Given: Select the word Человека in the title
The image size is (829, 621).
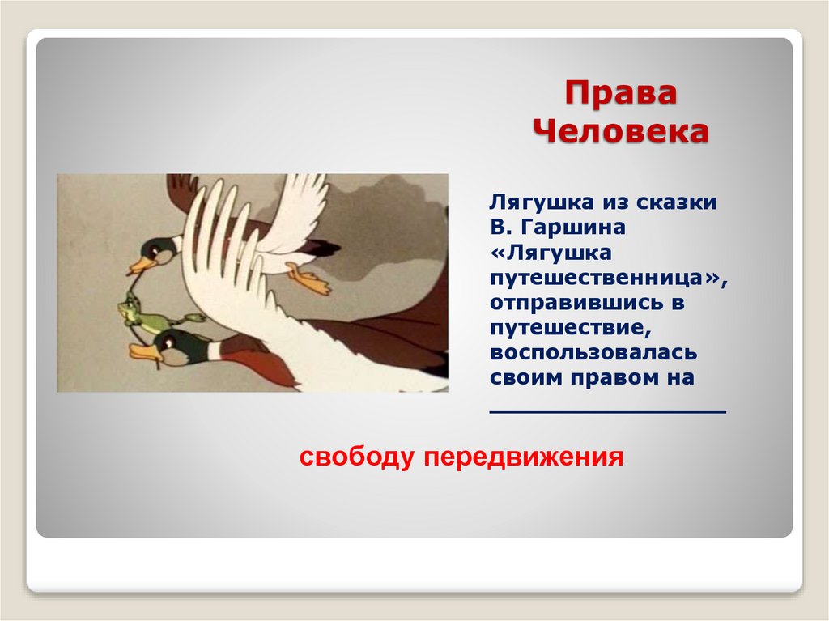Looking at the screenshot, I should click(x=619, y=131).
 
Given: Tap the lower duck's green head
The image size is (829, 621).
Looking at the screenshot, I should click(x=171, y=344).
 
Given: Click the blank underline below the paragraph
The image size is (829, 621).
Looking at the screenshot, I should click(x=608, y=412).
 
